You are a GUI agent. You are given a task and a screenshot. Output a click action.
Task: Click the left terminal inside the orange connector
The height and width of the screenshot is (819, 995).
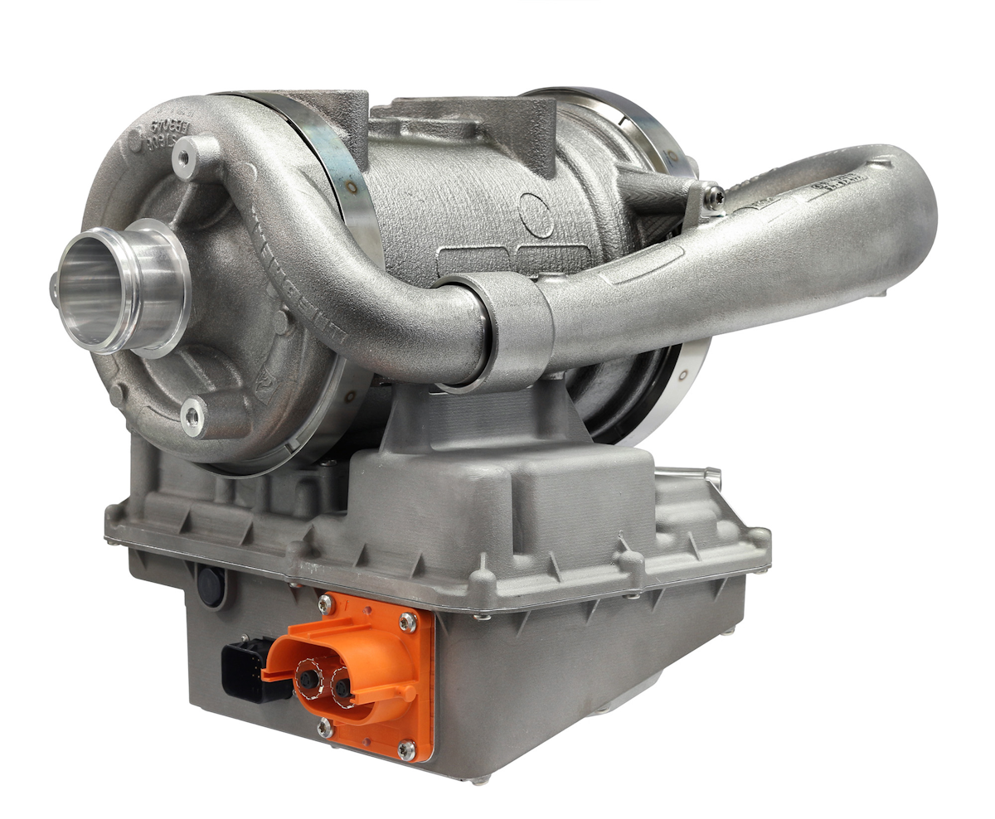tap(308, 680)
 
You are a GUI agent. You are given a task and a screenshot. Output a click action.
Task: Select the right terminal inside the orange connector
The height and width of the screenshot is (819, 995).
tap(342, 686)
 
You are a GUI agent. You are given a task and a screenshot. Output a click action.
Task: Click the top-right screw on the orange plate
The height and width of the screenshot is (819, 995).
tap(407, 619)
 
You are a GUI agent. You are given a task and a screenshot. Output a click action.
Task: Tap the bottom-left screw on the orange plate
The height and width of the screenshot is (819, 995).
tap(325, 729)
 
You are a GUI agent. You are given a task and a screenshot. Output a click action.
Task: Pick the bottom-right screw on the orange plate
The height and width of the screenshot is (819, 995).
tap(406, 750)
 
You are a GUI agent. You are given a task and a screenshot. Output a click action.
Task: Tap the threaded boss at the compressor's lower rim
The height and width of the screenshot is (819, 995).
tap(193, 419)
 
